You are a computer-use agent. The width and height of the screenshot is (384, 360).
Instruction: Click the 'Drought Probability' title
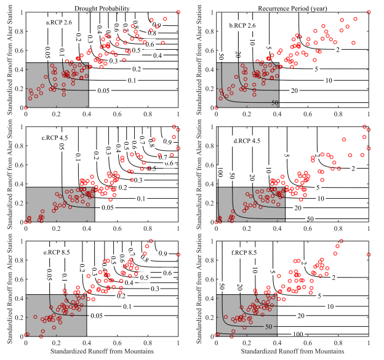[x=102, y=6]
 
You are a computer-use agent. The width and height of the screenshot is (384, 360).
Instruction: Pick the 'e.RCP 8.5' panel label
[x=57, y=252]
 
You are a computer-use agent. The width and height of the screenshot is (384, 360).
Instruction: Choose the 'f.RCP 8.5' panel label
[x=244, y=253]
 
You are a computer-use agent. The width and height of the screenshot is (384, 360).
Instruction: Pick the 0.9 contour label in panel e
[x=163, y=252]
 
